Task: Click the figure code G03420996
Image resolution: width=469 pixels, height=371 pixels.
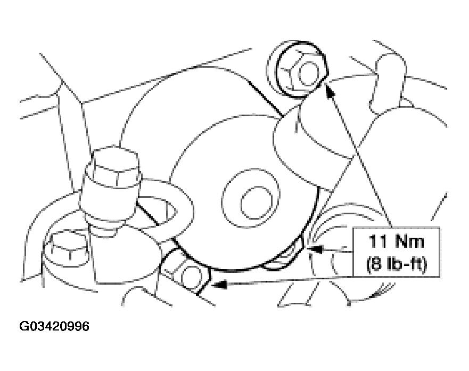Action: click(54, 326)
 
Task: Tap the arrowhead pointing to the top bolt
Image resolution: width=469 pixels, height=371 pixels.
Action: click(330, 90)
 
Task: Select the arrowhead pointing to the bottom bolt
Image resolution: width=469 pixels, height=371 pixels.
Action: click(219, 285)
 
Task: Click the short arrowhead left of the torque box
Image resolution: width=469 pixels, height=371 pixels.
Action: click(315, 249)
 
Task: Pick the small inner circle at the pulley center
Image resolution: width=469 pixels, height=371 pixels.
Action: click(257, 203)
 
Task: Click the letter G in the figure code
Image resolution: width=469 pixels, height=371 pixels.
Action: click(23, 326)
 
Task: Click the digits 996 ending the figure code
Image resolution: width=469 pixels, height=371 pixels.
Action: click(79, 326)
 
